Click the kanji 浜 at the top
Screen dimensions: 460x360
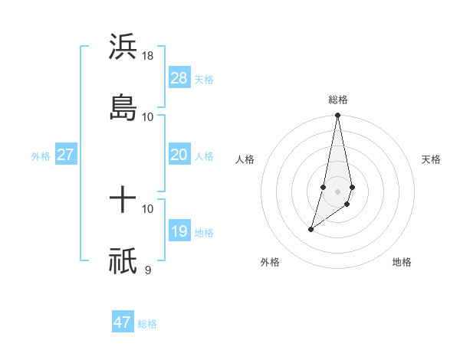(x=123, y=47)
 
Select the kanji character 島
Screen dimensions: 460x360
(x=123, y=107)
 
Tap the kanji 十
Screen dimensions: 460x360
(x=123, y=201)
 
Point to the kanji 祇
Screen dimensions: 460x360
(x=123, y=261)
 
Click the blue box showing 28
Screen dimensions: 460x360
(x=179, y=78)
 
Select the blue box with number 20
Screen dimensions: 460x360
(x=179, y=155)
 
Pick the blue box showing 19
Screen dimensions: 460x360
(x=179, y=231)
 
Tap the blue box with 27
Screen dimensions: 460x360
(x=65, y=155)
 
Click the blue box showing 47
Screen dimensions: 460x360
(x=123, y=322)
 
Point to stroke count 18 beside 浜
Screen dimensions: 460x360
(x=149, y=56)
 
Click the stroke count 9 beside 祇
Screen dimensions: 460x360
(x=147, y=270)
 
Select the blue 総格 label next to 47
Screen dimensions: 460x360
(x=147, y=324)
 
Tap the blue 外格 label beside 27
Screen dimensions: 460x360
(x=41, y=156)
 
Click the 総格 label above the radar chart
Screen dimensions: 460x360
(x=338, y=100)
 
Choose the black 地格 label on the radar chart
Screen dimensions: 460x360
(x=402, y=263)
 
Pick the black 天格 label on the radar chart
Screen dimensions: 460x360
(x=431, y=159)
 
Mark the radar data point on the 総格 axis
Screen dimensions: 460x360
(x=338, y=116)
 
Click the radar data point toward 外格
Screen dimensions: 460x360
(x=311, y=229)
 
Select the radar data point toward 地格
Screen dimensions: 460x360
(x=347, y=204)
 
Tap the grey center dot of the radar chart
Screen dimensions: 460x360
(x=338, y=191)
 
